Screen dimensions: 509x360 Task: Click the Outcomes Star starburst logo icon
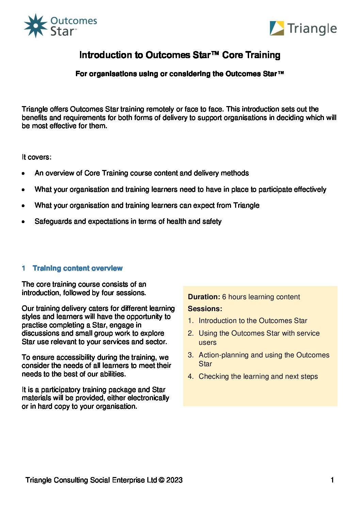coord(35,26)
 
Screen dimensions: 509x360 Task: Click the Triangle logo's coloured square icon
coord(277,28)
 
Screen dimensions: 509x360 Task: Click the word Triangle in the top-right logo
coord(312,29)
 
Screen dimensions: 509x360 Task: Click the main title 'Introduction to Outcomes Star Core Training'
coord(180,55)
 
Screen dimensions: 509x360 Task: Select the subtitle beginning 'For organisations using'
coord(179,74)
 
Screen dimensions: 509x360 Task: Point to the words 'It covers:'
coord(36,157)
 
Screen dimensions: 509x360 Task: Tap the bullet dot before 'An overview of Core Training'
coord(23,173)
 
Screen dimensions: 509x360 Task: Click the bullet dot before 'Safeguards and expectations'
coord(23,222)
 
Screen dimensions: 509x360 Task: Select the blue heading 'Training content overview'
coord(78,268)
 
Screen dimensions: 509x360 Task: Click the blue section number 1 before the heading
coord(23,268)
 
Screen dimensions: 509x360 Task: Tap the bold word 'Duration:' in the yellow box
coord(204,297)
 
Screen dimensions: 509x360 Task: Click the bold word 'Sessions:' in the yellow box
coord(205,309)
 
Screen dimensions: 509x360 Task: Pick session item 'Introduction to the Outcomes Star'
coord(253,321)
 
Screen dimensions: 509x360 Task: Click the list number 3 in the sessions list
coord(191,355)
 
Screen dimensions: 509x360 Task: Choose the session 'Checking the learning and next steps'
coord(258,376)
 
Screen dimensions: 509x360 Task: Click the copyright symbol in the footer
coord(161,480)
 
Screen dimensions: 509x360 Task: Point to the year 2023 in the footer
coord(174,480)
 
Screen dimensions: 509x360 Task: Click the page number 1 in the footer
coord(332,480)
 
